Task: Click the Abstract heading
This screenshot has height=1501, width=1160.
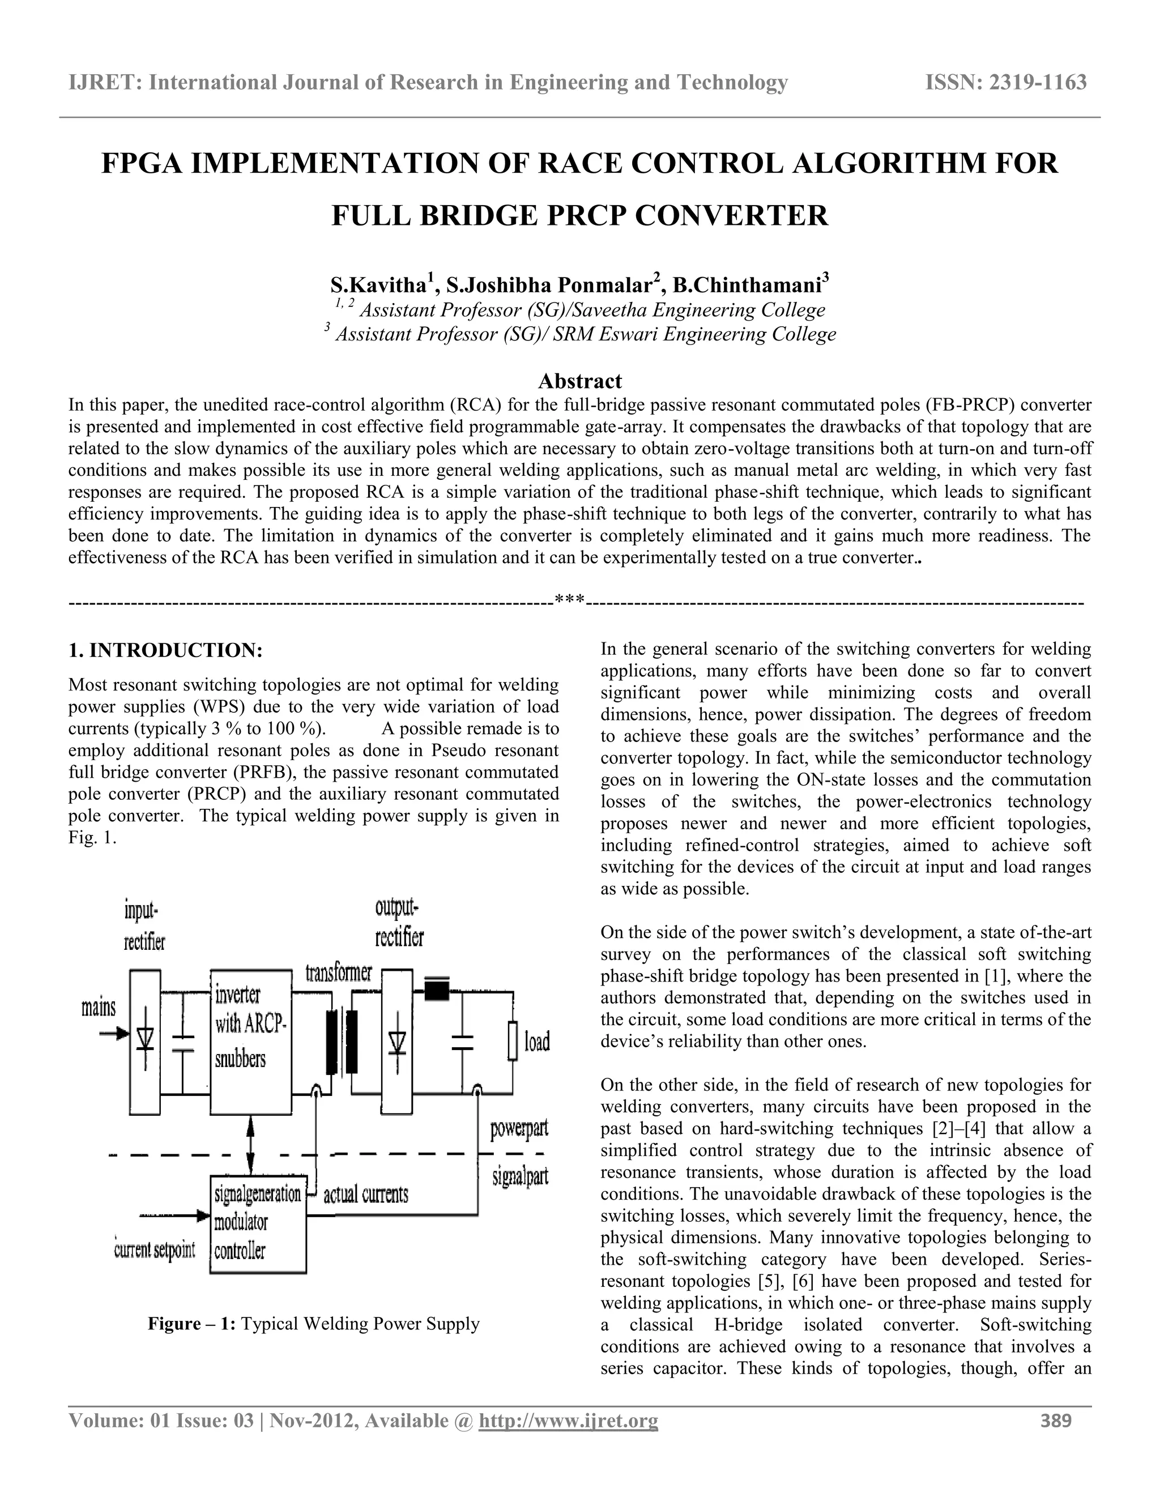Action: (x=579, y=381)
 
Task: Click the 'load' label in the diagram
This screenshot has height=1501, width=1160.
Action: (x=537, y=1042)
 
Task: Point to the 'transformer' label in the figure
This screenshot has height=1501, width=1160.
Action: (x=338, y=973)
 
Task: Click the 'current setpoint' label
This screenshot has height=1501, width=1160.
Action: (x=155, y=1250)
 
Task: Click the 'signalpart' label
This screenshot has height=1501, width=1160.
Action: (x=520, y=1178)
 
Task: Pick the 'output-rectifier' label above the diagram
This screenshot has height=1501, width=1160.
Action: (x=399, y=923)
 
